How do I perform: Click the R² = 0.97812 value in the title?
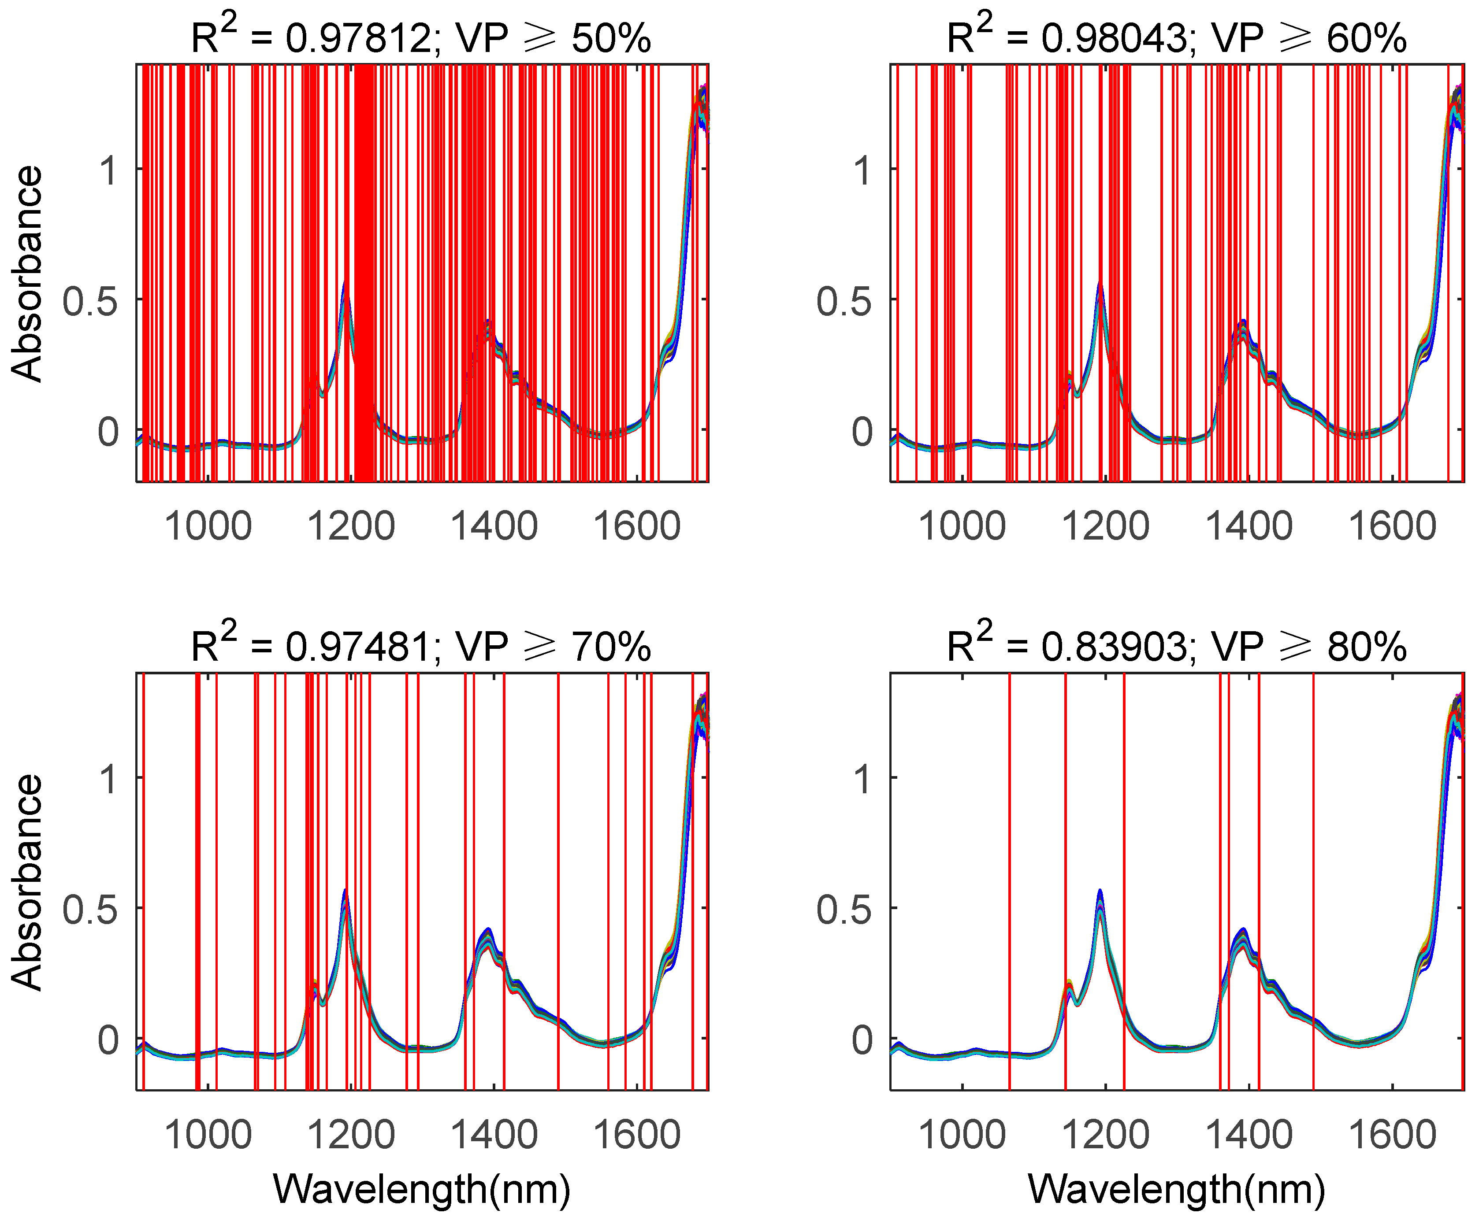(x=358, y=39)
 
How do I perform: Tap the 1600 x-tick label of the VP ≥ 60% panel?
(x=1392, y=526)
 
